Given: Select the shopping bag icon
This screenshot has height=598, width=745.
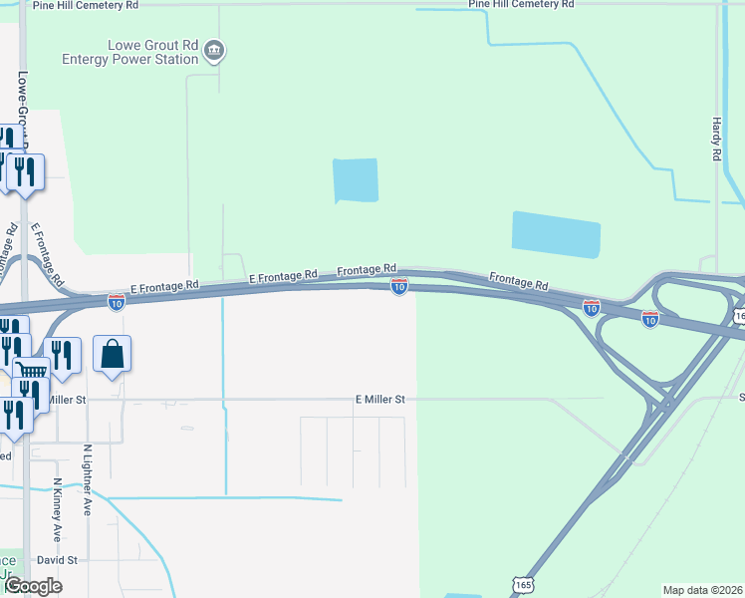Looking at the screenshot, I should [113, 354].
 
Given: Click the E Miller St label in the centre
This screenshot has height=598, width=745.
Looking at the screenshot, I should [380, 399].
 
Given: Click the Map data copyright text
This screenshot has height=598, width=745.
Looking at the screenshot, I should [703, 590].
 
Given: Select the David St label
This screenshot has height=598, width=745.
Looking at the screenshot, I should [58, 560].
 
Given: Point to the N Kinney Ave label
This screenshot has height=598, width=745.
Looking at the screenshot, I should [57, 503].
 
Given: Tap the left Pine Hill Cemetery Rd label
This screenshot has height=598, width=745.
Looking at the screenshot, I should [86, 5].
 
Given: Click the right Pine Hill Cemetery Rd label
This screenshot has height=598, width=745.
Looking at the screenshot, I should [521, 4].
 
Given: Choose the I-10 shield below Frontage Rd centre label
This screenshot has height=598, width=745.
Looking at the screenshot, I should [398, 287].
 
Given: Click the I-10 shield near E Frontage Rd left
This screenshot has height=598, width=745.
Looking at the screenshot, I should [117, 300].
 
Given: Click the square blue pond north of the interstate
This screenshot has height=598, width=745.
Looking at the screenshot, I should [356, 180].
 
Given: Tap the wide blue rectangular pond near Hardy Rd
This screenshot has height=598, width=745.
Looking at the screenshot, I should [556, 235].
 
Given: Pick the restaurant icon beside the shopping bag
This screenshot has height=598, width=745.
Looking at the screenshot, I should [62, 356].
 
